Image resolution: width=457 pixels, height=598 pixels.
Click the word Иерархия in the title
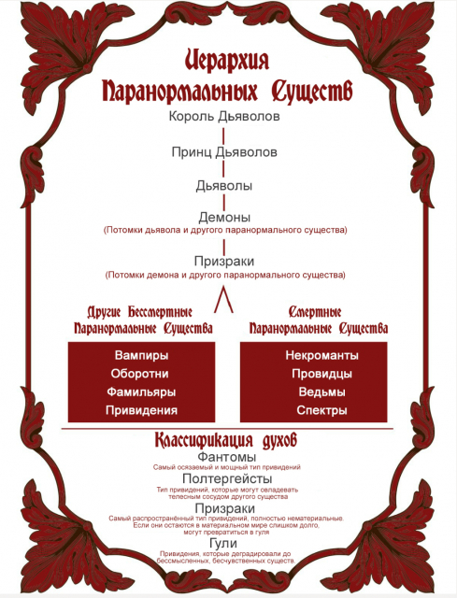click(227, 60)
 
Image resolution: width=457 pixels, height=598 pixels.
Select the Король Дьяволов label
click(224, 116)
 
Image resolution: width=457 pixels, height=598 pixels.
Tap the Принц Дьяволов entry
click(224, 152)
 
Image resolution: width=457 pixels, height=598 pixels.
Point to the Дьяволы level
click(224, 186)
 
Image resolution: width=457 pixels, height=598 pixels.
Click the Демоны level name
click(224, 218)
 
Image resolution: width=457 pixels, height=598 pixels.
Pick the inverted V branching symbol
click(224, 301)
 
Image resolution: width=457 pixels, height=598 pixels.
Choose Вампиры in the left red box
click(141, 355)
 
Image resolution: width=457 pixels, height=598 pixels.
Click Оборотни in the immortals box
click(139, 374)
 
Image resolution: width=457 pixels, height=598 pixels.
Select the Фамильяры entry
click(141, 392)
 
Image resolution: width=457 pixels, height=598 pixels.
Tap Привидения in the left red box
click(141, 410)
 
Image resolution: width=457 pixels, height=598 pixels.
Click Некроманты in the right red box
click(322, 355)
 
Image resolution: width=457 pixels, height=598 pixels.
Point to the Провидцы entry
click(322, 374)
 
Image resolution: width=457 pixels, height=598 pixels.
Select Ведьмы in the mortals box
click(322, 392)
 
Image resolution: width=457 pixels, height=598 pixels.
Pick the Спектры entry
click(322, 410)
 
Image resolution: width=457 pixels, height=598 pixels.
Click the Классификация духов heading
click(226, 440)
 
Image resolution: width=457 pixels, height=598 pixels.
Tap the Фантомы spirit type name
click(226, 457)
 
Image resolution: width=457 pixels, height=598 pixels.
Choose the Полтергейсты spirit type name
click(227, 478)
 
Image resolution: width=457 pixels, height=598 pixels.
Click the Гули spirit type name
click(223, 543)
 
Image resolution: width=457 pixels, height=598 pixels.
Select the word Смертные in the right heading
click(315, 312)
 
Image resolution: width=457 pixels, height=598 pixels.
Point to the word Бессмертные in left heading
click(160, 312)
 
